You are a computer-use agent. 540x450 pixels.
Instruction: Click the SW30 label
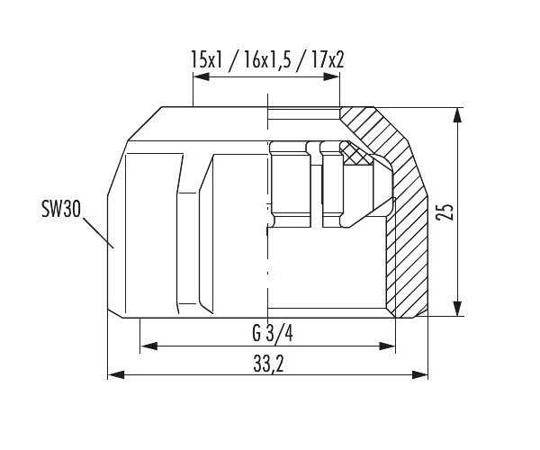(61, 209)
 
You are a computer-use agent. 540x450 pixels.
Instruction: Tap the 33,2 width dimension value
(268, 364)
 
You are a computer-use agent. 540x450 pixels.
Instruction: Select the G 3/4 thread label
(273, 334)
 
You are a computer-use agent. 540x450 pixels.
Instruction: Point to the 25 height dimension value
(445, 211)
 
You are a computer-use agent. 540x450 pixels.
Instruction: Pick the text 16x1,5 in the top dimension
(267, 59)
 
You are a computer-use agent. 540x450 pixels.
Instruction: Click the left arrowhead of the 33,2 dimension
(116, 374)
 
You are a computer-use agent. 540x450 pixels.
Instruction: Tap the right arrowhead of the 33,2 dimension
(419, 374)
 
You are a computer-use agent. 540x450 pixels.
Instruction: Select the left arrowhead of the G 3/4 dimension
(148, 346)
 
